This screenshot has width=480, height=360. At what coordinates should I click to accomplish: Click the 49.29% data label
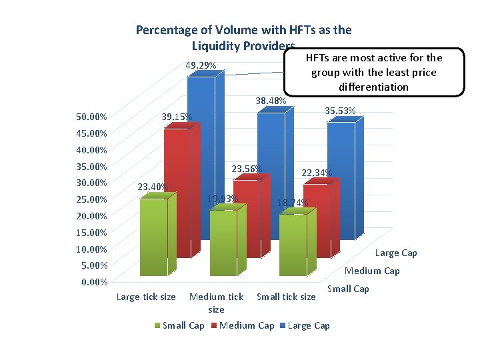click(x=200, y=65)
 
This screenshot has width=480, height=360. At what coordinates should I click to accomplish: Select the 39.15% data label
click(x=177, y=117)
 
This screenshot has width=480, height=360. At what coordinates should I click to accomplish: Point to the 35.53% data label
click(x=339, y=111)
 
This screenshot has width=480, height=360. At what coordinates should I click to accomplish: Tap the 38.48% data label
click(x=271, y=101)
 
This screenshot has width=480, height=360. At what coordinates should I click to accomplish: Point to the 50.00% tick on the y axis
click(x=91, y=117)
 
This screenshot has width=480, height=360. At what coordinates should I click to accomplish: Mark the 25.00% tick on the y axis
click(x=91, y=199)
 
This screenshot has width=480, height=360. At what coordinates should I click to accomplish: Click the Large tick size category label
click(x=146, y=297)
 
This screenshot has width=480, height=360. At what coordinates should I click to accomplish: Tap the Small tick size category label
click(x=286, y=297)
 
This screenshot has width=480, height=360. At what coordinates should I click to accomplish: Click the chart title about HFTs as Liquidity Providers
click(x=243, y=37)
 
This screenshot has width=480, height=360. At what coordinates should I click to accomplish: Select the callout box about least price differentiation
click(x=373, y=72)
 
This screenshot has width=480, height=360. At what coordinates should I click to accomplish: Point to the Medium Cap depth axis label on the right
click(x=372, y=271)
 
